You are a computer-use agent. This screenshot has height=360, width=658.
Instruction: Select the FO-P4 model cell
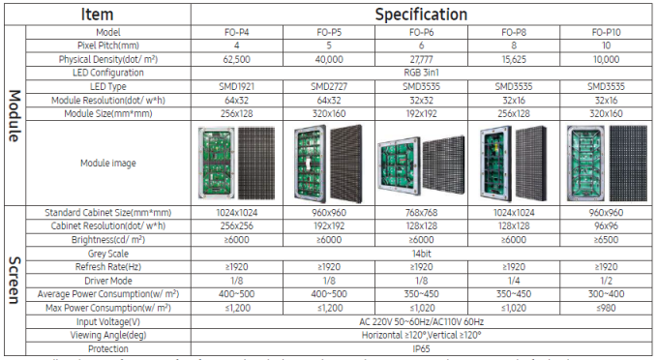[237, 32]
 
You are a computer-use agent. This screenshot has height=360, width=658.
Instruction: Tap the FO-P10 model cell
[606, 32]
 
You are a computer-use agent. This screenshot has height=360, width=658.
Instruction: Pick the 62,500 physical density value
[237, 59]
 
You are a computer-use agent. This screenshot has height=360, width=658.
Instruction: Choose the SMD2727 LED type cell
[329, 86]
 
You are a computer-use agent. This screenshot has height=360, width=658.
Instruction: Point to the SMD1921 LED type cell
[237, 86]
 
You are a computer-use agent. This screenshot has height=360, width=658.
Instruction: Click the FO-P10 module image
[606, 162]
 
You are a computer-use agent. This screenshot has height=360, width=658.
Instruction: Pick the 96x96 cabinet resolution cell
[606, 225]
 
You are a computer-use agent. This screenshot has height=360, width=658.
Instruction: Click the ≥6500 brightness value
[606, 239]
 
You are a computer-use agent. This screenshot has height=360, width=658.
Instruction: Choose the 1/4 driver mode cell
[513, 280]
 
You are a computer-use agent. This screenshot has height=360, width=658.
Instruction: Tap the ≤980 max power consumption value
[606, 307]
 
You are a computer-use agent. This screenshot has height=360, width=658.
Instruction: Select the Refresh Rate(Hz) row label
[107, 266]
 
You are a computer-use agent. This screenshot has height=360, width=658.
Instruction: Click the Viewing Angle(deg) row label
[107, 334]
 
